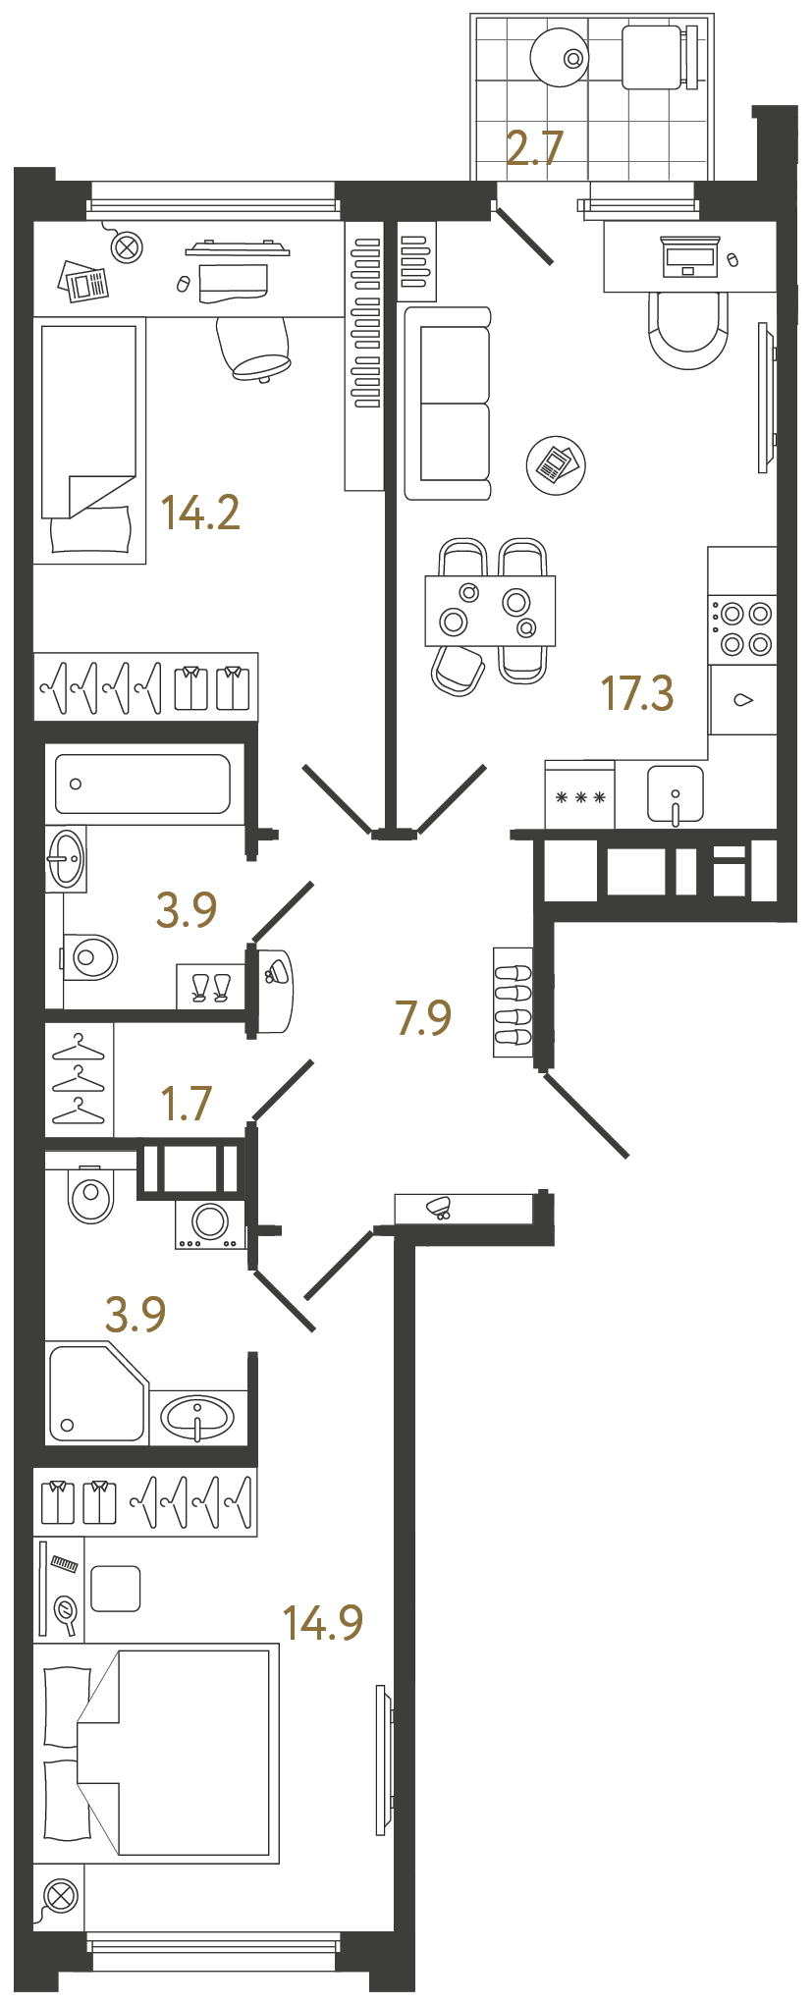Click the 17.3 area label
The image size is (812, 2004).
(637, 693)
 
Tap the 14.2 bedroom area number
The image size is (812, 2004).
(200, 513)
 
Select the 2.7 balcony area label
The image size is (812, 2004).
(534, 148)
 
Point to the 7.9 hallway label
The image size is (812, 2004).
(423, 1017)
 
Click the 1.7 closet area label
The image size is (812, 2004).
(187, 1104)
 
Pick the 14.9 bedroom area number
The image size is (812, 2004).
(322, 1623)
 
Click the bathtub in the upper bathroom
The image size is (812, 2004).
(142, 784)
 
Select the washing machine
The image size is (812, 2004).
(210, 1223)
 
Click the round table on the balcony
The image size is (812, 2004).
(560, 57)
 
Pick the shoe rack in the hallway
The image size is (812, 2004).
(513, 1002)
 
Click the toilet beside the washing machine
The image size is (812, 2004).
(90, 1194)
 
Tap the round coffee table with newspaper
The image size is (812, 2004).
(556, 465)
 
